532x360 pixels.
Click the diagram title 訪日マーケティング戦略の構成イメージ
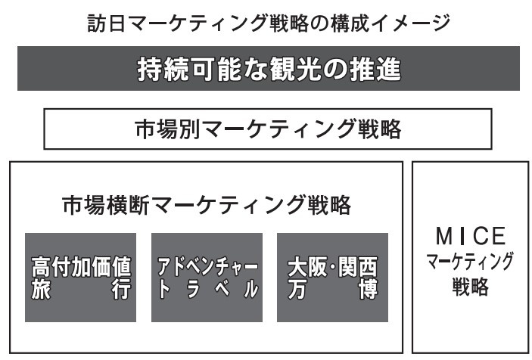pos(269,23)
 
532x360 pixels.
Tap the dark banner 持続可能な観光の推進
pos(269,69)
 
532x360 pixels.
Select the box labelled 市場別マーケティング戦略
pos(268,129)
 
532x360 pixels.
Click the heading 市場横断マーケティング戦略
pos(207,205)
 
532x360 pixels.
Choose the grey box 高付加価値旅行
pos(81,278)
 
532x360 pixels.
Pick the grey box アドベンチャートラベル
pos(207,278)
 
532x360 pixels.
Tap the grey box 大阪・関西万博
pos(332,278)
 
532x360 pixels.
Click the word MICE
pos(471,236)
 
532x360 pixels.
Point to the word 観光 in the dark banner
pos(295,69)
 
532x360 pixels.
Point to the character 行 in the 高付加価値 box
pos(122,289)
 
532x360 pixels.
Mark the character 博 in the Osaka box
pos(369,289)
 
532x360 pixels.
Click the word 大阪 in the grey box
pos(307,266)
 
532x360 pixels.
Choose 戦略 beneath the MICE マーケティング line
pos(471,287)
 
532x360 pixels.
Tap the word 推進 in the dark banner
pos(375,69)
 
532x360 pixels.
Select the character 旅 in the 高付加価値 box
pos(41,289)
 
